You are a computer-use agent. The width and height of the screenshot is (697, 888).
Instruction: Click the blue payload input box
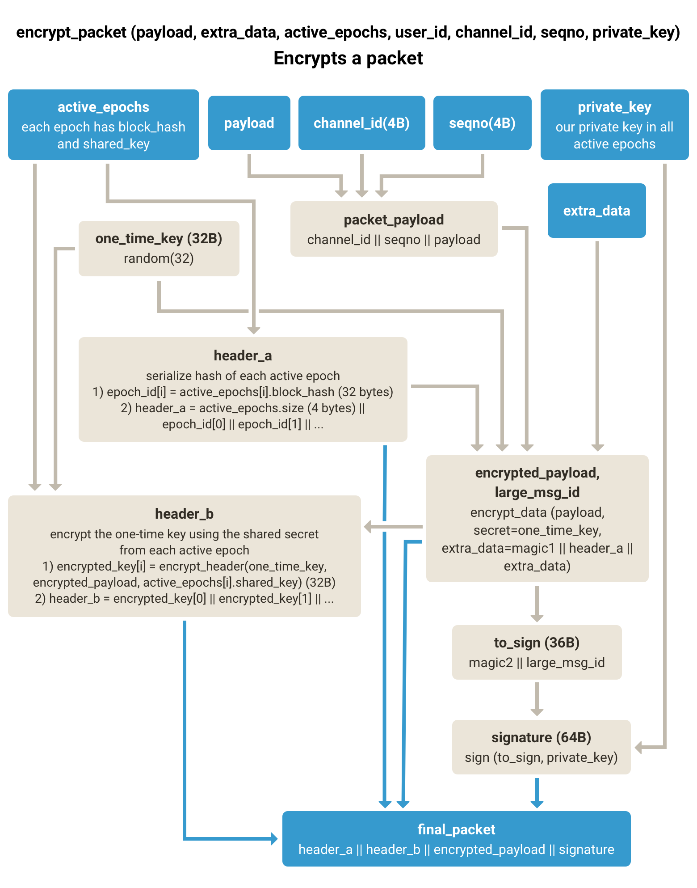pyautogui.click(x=249, y=123)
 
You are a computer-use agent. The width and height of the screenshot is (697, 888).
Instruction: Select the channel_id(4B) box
pyautogui.click(x=361, y=123)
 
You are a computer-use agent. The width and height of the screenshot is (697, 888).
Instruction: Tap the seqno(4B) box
pyautogui.click(x=482, y=123)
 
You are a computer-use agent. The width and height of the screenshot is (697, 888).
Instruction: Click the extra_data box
pyautogui.click(x=596, y=211)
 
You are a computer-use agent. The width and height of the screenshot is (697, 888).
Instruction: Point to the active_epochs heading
pyautogui.click(x=103, y=107)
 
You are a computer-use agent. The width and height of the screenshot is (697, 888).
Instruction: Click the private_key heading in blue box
pyautogui.click(x=614, y=107)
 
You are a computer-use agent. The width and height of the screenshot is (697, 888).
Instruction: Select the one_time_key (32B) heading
pyautogui.click(x=159, y=238)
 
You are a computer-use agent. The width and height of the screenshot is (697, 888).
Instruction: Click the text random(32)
pyautogui.click(x=159, y=258)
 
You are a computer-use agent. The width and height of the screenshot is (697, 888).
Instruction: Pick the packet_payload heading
pyautogui.click(x=394, y=220)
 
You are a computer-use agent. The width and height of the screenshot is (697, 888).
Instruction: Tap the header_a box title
pyautogui.click(x=243, y=355)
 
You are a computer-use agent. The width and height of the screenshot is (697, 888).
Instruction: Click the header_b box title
pyautogui.click(x=184, y=514)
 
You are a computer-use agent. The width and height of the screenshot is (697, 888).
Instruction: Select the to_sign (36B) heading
pyautogui.click(x=537, y=643)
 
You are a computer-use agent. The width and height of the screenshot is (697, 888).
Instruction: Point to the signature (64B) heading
pyautogui.click(x=541, y=737)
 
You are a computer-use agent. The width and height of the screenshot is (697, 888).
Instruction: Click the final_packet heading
pyautogui.click(x=456, y=829)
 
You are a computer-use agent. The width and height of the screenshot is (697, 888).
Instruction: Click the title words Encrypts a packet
pyautogui.click(x=348, y=58)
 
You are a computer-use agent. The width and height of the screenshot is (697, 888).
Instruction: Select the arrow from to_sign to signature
pyautogui.click(x=537, y=698)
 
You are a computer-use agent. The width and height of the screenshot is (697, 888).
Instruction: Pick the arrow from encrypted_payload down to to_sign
pyautogui.click(x=537, y=604)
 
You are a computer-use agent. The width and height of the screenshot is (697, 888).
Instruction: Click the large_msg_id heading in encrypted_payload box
pyautogui.click(x=537, y=492)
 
